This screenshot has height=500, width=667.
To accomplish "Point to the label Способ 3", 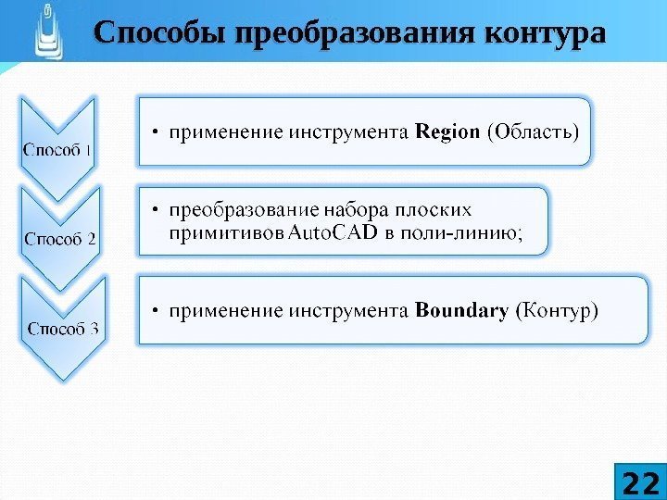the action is click(64, 327).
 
